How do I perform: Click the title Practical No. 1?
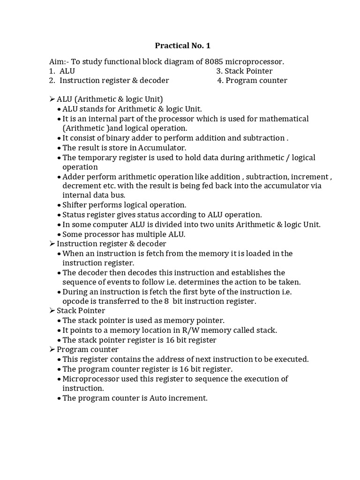pos(180,46)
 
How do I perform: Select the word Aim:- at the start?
pos(60,61)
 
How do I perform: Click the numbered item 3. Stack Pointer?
pos(244,71)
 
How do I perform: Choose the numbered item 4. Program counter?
pos(252,80)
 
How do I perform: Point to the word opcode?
pos(76,301)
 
